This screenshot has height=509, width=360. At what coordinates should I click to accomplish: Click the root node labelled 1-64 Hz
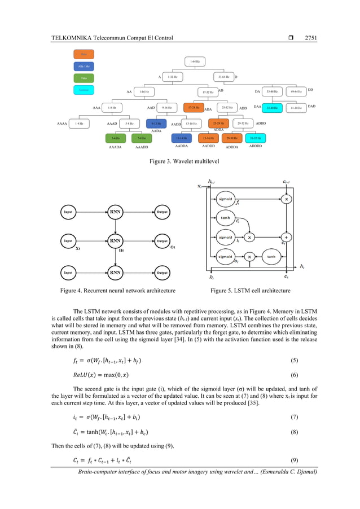(x=194, y=61)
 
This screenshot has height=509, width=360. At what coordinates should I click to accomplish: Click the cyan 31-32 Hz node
(x=254, y=138)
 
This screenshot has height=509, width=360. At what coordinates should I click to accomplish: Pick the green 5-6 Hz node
(x=115, y=138)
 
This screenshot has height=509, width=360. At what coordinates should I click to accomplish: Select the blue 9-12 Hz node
(x=156, y=123)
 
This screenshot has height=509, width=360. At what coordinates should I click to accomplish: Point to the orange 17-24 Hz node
(x=194, y=107)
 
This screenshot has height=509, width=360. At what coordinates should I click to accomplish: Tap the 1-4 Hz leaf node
(x=80, y=123)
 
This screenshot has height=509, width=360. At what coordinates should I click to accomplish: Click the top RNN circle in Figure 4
(x=116, y=212)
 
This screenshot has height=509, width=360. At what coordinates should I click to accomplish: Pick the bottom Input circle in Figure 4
(x=68, y=273)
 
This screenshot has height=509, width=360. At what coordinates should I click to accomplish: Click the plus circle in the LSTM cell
(x=288, y=238)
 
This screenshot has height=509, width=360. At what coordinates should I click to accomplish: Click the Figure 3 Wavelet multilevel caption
(x=179, y=161)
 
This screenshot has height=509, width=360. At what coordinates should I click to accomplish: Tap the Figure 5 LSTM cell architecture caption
(x=250, y=291)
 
